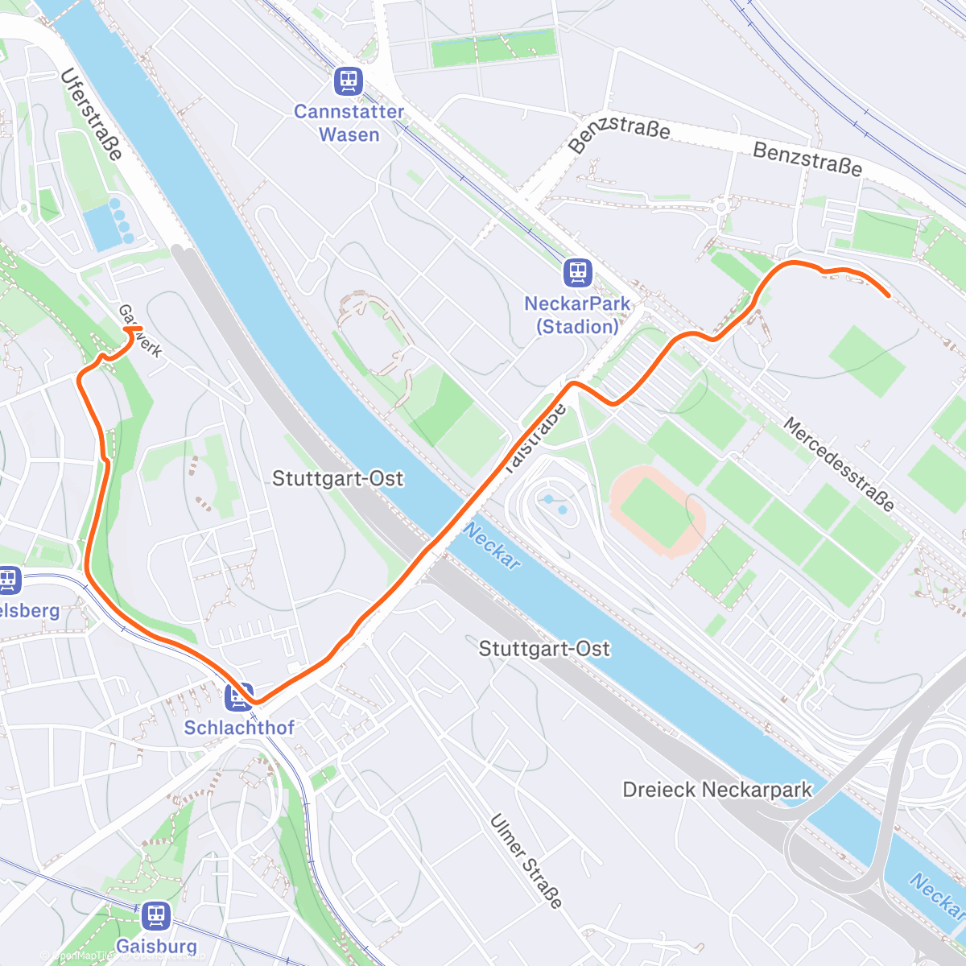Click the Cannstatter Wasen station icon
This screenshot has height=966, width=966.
click(349, 81)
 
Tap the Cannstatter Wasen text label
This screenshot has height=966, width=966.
click(349, 123)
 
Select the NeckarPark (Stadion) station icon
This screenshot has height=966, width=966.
click(577, 273)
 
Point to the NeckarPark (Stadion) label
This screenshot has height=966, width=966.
click(577, 315)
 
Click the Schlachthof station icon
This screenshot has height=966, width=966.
click(239, 696)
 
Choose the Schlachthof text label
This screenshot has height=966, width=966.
click(239, 728)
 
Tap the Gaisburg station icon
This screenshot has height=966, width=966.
click(156, 916)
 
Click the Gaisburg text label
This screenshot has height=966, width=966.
click(156, 946)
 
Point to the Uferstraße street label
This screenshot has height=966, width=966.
click(91, 114)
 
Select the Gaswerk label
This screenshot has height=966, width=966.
click(140, 331)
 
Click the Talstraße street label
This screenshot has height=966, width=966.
click(536, 438)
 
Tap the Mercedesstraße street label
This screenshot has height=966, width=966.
click(839, 464)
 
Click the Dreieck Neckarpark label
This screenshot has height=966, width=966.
click(717, 790)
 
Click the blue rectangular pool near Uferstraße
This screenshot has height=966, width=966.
click(101, 226)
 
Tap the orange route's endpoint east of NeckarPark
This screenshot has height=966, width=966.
click(888, 295)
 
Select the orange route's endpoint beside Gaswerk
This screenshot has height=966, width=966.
click(129, 328)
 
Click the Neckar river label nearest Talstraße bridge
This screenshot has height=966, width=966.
click(492, 547)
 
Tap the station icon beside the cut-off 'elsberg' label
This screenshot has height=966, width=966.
click(8, 580)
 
